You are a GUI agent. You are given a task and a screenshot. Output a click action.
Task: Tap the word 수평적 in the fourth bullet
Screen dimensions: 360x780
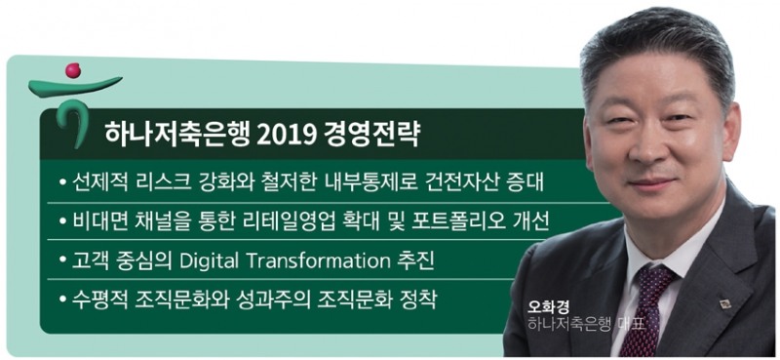click(x=97, y=298)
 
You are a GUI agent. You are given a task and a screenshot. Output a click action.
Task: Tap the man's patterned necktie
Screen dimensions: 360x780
click(x=644, y=312)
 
